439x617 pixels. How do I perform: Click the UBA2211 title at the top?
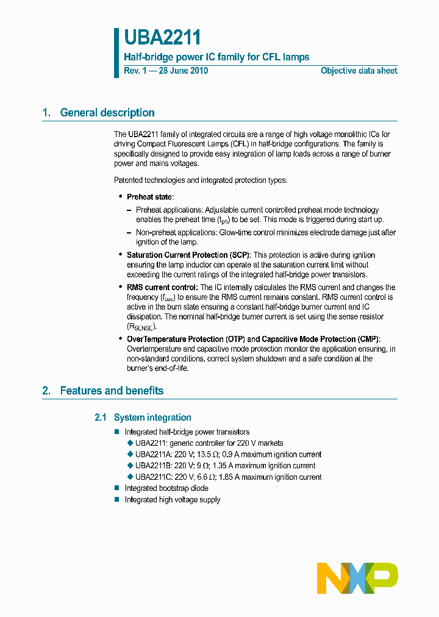[162, 38]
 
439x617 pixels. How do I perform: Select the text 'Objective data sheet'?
[359, 71]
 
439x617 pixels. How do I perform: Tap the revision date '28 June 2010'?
[183, 71]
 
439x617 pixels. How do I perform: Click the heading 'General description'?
[107, 113]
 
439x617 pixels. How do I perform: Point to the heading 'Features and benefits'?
[112, 391]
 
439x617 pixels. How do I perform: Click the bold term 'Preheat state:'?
[150, 197]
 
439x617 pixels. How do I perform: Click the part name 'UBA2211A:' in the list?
[153, 454]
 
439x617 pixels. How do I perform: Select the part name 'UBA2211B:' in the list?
[153, 466]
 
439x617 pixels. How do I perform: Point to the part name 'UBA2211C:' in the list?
[153, 477]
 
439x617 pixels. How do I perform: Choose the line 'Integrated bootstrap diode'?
[166, 488]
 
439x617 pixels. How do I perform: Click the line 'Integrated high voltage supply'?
[173, 500]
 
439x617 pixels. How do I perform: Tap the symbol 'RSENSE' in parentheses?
[141, 327]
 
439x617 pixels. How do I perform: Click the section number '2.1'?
[101, 418]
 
